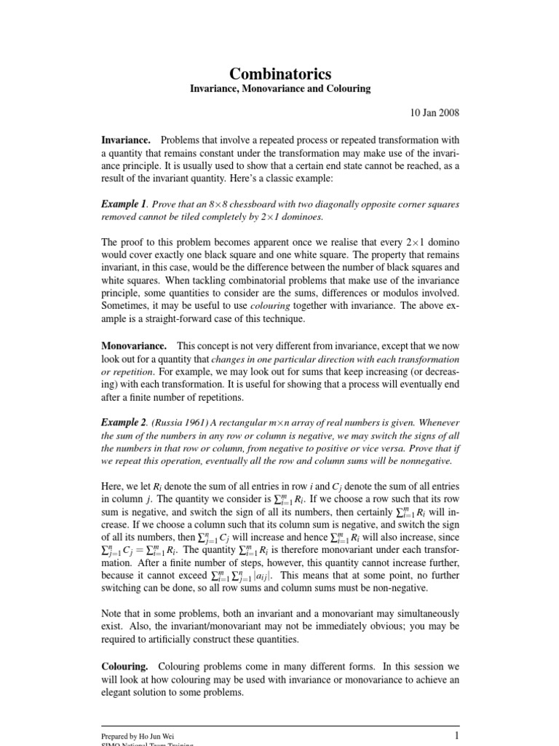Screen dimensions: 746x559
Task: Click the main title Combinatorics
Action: point(280,74)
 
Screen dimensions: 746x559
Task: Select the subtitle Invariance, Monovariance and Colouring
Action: point(280,89)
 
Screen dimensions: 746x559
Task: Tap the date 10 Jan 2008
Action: point(434,114)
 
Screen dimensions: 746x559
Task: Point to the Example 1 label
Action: point(124,204)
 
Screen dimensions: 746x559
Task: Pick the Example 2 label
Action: point(124,423)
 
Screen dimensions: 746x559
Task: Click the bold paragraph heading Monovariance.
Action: point(134,346)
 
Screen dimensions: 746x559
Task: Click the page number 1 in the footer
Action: point(456,735)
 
